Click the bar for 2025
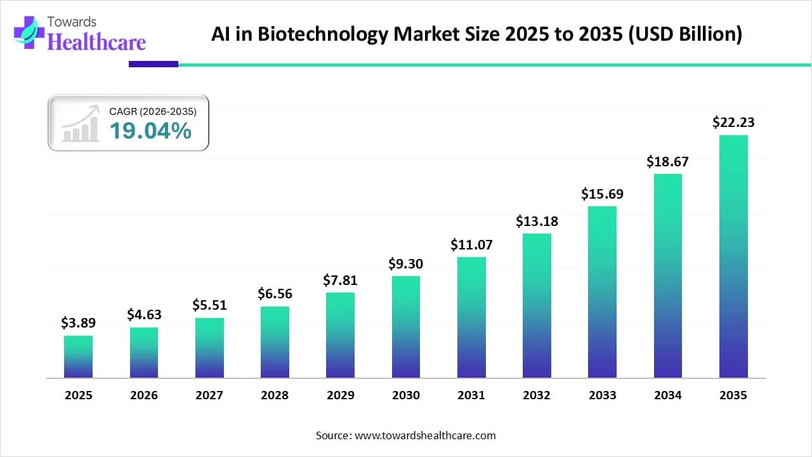click(x=78, y=357)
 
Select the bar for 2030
click(x=406, y=327)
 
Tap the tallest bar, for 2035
click(x=733, y=256)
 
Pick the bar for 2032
click(x=537, y=305)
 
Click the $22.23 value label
click(x=733, y=123)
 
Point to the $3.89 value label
click(x=78, y=323)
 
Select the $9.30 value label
click(x=406, y=263)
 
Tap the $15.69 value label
click(x=602, y=194)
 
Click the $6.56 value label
click(x=275, y=293)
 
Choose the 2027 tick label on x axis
click(x=209, y=395)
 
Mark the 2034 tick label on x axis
click(x=668, y=395)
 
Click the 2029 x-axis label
click(x=341, y=395)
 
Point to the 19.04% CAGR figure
click(x=150, y=131)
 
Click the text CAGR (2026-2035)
click(x=153, y=112)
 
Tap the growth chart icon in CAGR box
click(x=81, y=124)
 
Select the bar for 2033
click(x=602, y=292)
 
